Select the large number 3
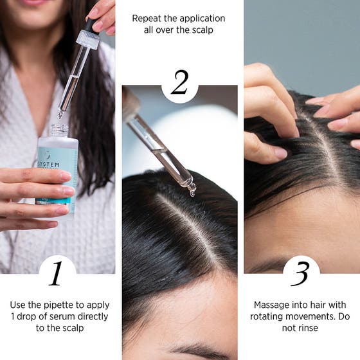coord(301,273)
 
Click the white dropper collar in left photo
coord(88,39)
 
